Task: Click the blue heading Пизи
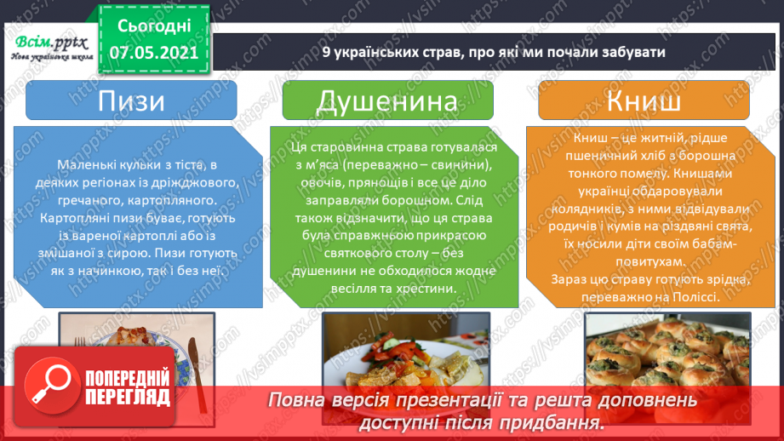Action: click(x=131, y=101)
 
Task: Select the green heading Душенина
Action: click(x=392, y=101)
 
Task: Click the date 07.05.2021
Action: click(x=154, y=52)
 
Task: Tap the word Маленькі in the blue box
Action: click(x=89, y=164)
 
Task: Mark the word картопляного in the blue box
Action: click(x=171, y=202)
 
